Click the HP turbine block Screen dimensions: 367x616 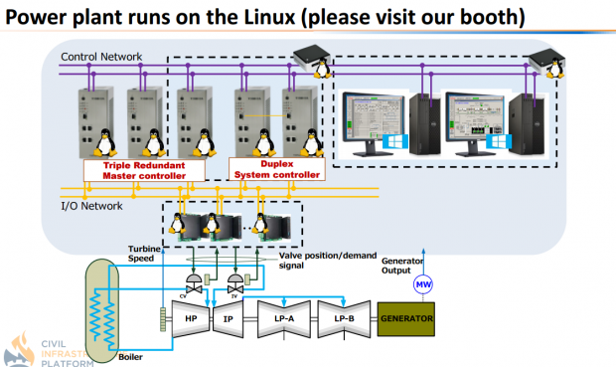pos(191,319)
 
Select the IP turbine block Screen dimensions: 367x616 pos(229,319)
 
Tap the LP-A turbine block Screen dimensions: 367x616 pos(284,320)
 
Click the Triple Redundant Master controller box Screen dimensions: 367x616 pos(143,170)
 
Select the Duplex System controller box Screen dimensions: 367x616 pos(276,170)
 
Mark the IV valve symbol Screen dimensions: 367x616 pos(237,281)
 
